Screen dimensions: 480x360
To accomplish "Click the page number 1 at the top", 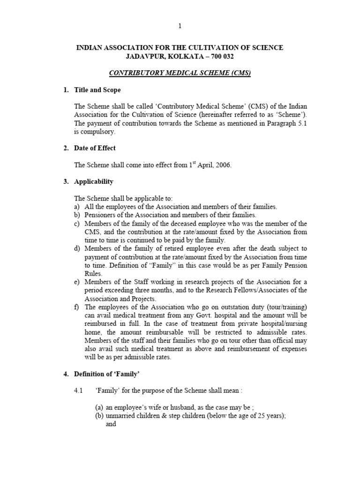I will pos(180,26).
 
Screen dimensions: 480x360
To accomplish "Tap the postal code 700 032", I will pos(218,57).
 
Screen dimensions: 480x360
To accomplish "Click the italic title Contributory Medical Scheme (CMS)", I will pos(180,73).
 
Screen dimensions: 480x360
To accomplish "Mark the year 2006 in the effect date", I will pos(222,165).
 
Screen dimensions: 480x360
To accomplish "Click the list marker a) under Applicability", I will pos(77,207).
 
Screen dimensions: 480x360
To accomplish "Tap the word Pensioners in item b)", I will pos(101,215).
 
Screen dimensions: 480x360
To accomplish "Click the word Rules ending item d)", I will pos(93,273).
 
